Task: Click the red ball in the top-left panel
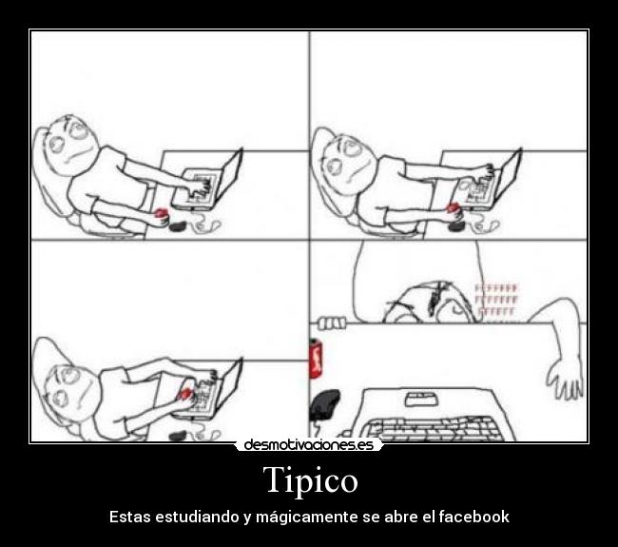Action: click(162, 213)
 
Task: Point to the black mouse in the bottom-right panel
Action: click(326, 402)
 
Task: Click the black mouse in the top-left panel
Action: click(177, 225)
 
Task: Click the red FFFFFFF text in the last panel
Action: click(496, 299)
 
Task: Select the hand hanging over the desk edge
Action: click(569, 381)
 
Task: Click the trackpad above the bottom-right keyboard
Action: click(419, 397)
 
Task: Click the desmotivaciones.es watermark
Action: click(308, 444)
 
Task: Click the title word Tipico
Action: click(310, 479)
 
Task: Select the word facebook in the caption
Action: click(473, 518)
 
